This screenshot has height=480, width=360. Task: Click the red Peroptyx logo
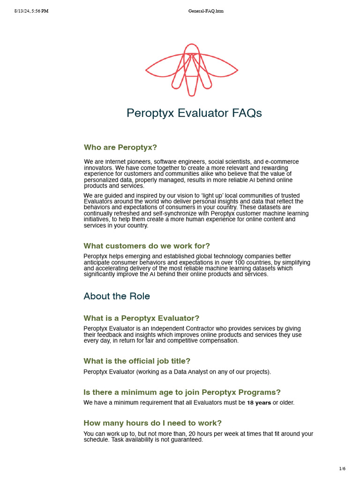point(191,70)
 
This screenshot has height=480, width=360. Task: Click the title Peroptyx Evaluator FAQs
point(194,113)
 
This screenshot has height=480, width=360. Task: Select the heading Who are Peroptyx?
point(120,147)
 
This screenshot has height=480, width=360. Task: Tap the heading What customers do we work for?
point(147,246)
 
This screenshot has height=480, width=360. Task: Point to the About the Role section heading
point(117,296)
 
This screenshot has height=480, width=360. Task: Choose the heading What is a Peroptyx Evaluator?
point(141,318)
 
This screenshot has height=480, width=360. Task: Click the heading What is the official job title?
point(137,361)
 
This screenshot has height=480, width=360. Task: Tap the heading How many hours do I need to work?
point(152,423)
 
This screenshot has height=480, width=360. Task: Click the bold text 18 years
point(259,403)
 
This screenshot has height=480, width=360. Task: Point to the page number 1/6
point(342,469)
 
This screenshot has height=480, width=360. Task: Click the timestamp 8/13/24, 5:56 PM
point(31,11)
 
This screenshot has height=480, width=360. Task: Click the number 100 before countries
point(232,262)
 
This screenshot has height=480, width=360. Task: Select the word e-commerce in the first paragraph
point(282,162)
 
